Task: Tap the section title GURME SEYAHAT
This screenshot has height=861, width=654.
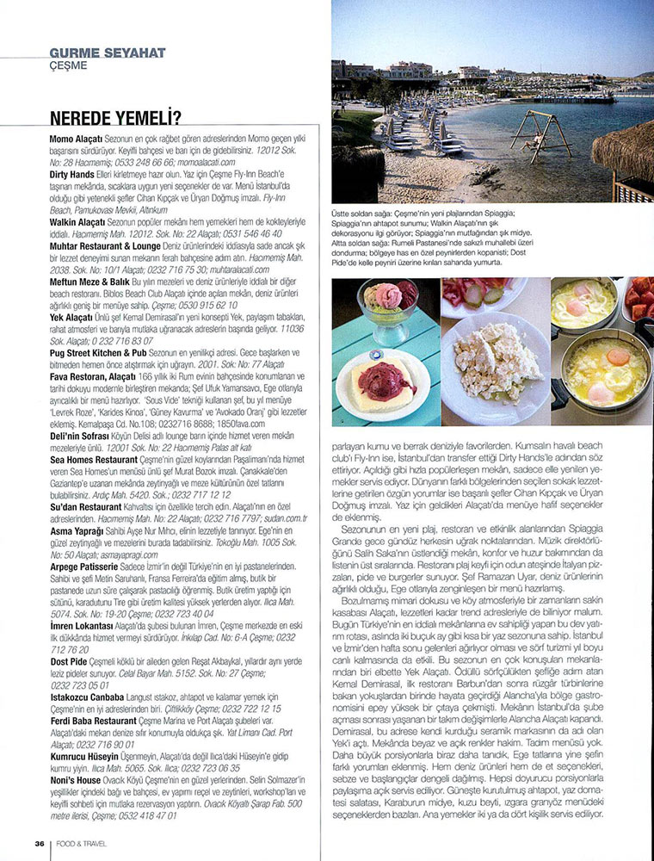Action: click(108, 53)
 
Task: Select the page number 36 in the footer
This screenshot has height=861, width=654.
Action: click(40, 843)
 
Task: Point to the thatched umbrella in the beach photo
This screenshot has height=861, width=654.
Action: click(627, 150)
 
